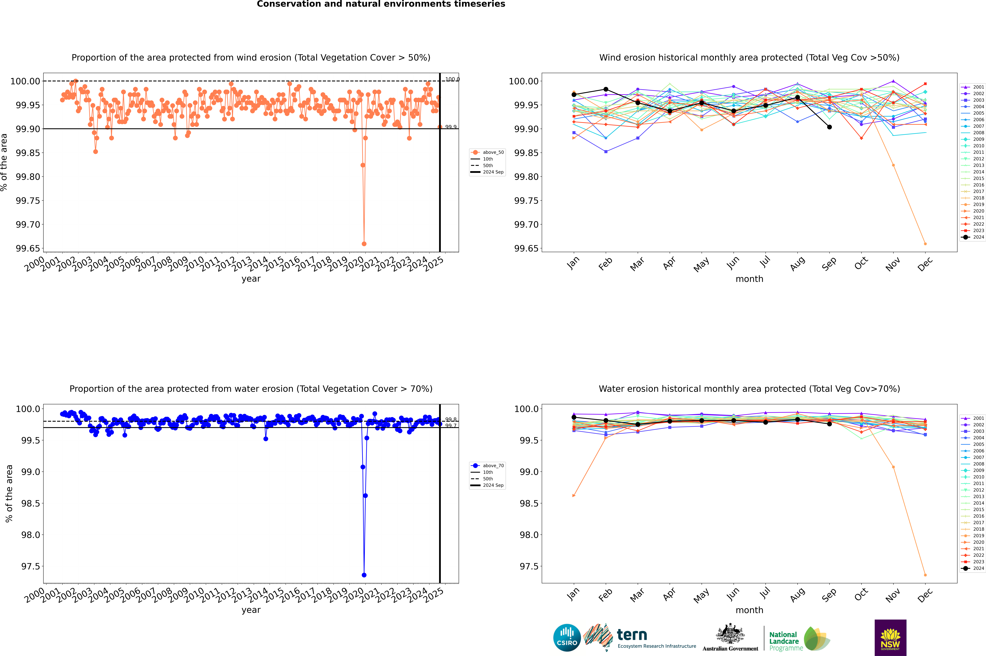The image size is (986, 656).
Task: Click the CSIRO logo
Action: coord(567,638)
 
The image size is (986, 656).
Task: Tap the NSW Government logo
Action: coord(890,638)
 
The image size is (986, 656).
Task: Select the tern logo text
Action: coord(632,635)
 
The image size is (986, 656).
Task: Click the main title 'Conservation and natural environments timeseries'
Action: coord(381,4)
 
